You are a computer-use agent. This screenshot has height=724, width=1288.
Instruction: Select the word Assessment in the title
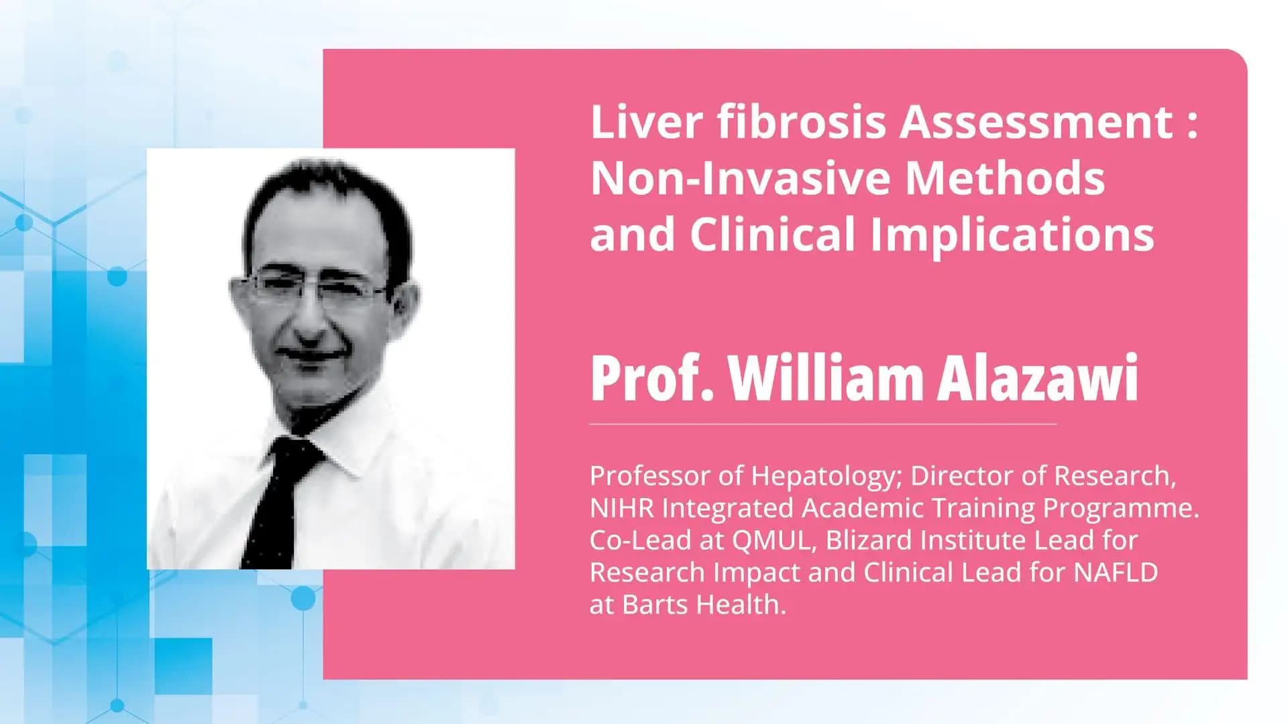[x=1036, y=123]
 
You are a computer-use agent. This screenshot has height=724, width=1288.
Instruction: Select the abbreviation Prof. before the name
[x=651, y=379]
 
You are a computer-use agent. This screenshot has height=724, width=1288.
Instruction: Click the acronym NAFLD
[x=1116, y=572]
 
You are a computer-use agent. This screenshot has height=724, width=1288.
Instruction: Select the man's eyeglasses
[x=315, y=288]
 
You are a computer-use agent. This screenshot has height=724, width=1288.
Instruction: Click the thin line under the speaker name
[x=822, y=424]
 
